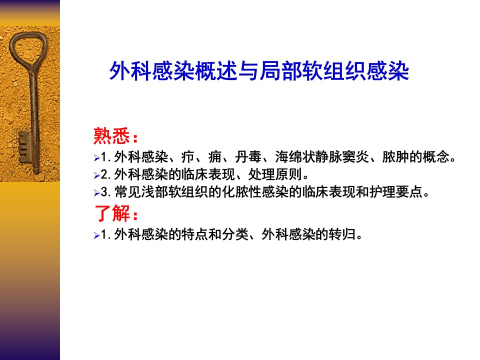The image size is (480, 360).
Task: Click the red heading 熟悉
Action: point(111,135)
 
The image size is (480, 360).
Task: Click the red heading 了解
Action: point(112,213)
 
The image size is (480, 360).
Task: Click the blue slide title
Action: point(259,71)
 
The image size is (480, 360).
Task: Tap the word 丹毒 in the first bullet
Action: point(248,156)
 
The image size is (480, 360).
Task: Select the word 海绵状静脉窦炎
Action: point(321,156)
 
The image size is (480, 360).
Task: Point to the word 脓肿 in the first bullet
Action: point(395,156)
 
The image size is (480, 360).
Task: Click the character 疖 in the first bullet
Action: point(187,156)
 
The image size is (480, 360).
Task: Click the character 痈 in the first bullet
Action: point(214,156)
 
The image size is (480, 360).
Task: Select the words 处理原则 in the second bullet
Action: point(275,174)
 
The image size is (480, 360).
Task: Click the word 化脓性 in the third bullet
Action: point(241,192)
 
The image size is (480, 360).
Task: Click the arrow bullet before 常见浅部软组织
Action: point(96,193)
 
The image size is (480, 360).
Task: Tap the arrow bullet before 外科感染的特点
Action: point(96,235)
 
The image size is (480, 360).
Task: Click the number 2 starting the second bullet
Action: point(104,175)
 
